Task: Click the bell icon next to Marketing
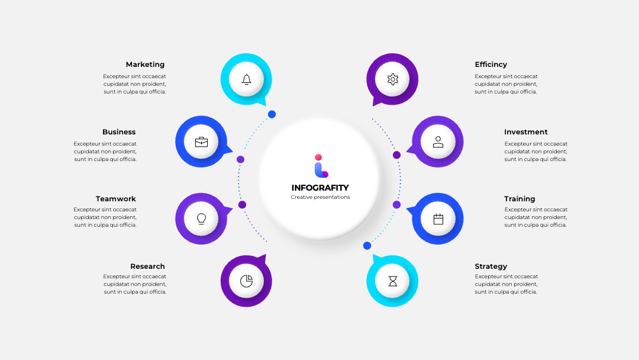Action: [246, 79]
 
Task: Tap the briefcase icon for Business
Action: [201, 142]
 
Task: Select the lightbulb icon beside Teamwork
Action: [201, 219]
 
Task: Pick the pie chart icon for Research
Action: [246, 281]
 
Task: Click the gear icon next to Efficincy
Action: [392, 79]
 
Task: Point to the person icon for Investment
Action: [438, 142]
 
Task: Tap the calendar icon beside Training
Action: [438, 219]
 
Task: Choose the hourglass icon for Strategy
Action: [392, 281]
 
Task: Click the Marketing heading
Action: [145, 65]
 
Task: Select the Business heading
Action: [119, 131]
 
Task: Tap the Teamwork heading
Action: [116, 198]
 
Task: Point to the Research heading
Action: [147, 266]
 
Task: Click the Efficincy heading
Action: [490, 65]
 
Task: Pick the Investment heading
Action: [526, 131]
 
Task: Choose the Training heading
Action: [519, 199]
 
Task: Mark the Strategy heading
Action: [490, 266]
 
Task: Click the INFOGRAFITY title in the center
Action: [320, 188]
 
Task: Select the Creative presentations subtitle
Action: [320, 197]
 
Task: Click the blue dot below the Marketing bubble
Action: [272, 114]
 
